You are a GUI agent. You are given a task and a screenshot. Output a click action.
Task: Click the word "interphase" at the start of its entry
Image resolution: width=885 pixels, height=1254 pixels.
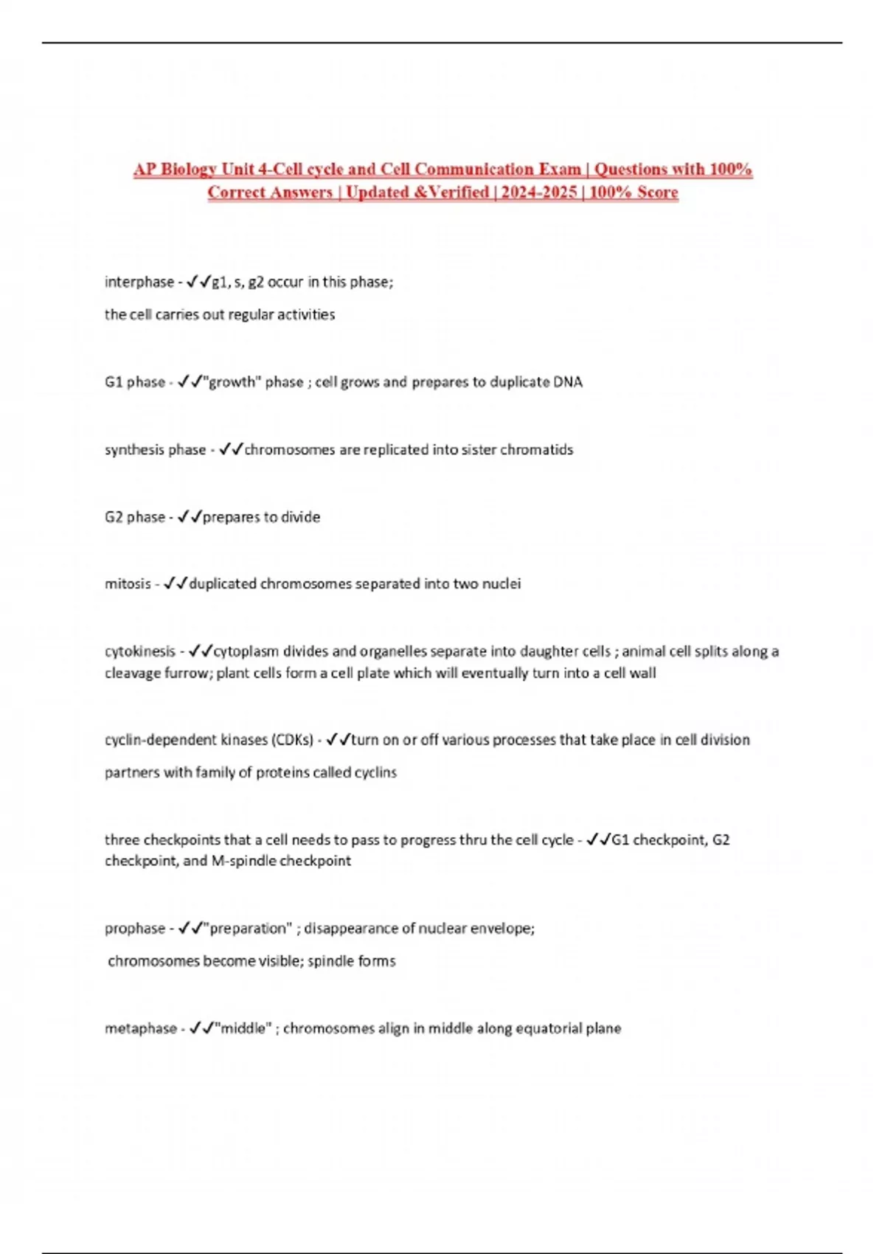point(139,282)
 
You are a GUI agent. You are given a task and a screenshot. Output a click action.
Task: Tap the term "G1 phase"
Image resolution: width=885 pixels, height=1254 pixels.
point(135,382)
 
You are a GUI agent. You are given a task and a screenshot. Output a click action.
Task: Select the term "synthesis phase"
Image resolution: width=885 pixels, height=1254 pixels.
point(155,450)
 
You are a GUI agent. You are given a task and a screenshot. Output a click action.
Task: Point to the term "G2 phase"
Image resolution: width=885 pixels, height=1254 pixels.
point(135,517)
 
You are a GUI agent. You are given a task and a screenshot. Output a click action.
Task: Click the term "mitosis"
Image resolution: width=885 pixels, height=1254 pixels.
point(128,584)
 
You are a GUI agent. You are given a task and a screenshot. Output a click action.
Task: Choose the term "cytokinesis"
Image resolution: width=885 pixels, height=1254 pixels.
point(140,651)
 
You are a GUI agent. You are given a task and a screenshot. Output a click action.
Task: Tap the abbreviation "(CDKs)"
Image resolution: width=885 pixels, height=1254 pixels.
point(292,740)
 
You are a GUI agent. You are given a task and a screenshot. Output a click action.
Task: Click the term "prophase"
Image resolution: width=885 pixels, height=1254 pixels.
point(135,929)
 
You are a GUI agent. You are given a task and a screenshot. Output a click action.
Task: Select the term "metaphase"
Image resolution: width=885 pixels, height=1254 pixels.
point(141,1028)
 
